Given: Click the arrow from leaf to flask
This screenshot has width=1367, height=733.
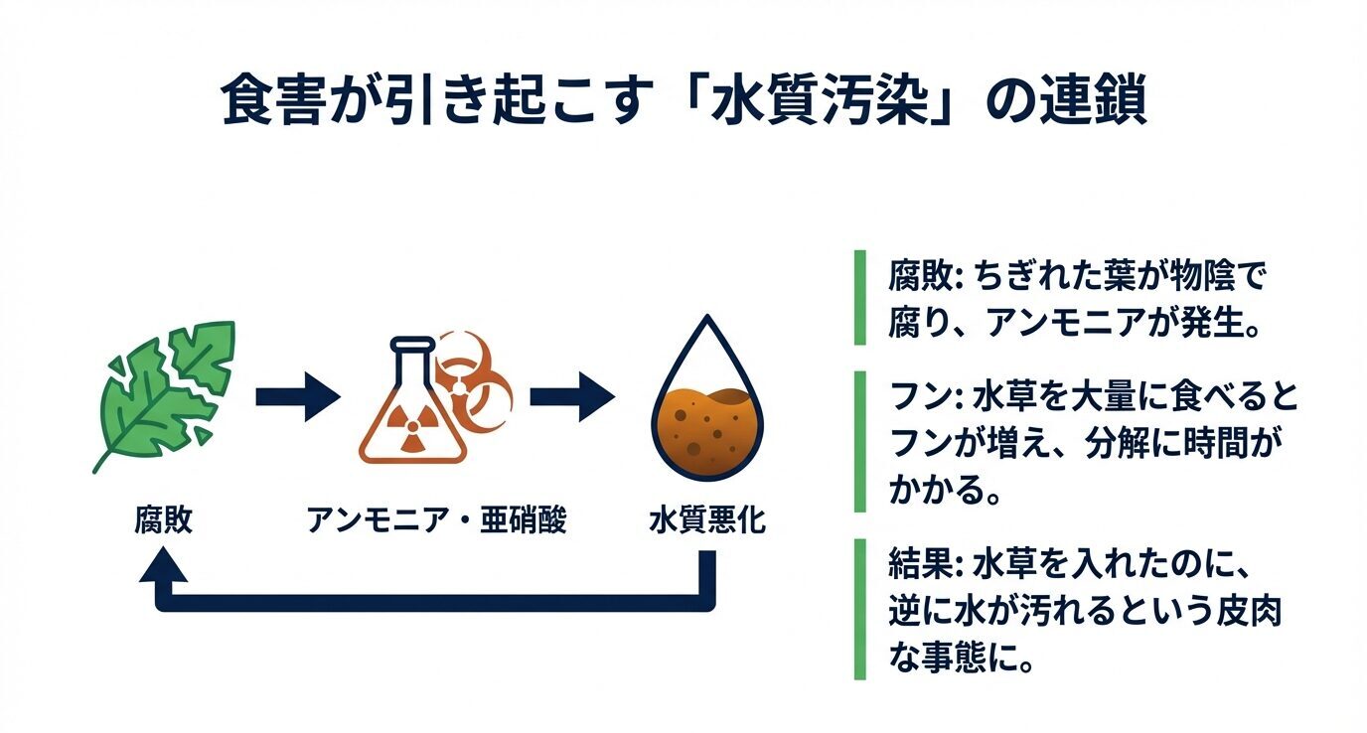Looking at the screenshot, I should click(x=296, y=398).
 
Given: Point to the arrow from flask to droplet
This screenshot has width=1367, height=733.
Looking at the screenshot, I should click(x=570, y=398).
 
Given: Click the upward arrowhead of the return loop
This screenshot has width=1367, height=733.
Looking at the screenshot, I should click(x=164, y=569).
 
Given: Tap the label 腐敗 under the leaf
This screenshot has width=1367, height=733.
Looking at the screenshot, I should click(x=163, y=520).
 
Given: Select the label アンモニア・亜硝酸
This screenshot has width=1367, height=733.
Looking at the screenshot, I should click(x=436, y=520).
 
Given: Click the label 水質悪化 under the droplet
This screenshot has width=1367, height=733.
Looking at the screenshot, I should click(x=706, y=520).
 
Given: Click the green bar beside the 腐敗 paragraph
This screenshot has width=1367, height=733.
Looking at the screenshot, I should click(x=859, y=298).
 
